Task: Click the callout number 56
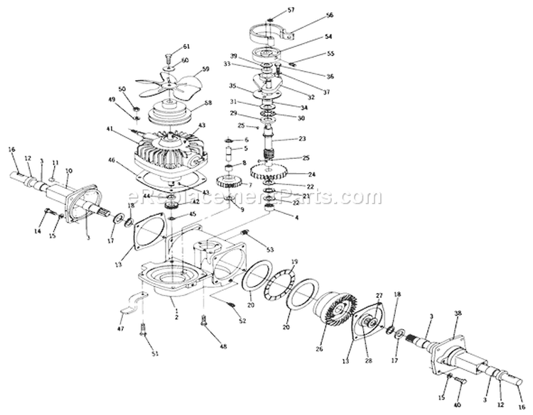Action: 329,16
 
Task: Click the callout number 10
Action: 69,171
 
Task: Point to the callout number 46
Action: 112,162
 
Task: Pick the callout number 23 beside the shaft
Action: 301,139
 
